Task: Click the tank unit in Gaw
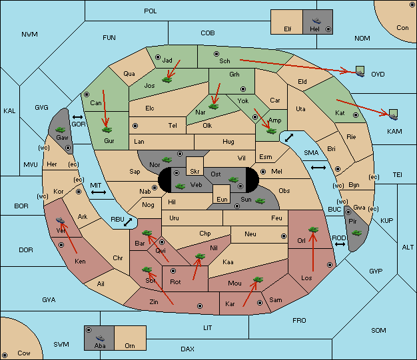[x=61, y=130]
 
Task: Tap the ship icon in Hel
[x=316, y=21]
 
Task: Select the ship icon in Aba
[x=100, y=337]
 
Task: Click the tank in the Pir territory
[x=356, y=233]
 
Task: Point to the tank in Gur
[x=107, y=130]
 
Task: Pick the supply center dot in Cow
[x=5, y=355]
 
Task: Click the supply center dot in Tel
[x=135, y=125]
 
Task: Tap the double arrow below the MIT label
[x=99, y=192]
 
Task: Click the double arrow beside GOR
[x=77, y=117]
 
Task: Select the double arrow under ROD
[x=340, y=244]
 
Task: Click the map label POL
[x=151, y=11]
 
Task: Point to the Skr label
[x=195, y=172]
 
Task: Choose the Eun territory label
[x=222, y=200]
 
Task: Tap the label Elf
[x=288, y=29]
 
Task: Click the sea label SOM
[x=378, y=330]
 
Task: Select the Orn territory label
[x=130, y=345]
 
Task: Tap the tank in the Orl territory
[x=313, y=230]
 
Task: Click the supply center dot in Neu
[x=284, y=236]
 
